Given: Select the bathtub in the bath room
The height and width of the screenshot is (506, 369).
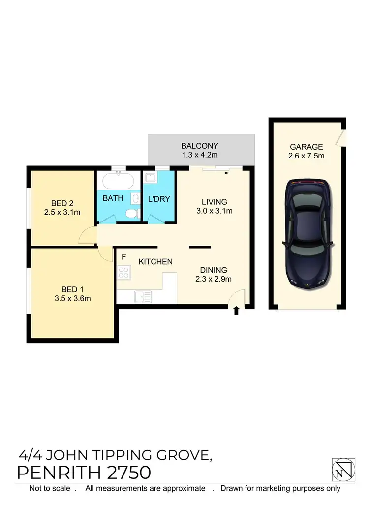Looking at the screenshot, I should [117, 182].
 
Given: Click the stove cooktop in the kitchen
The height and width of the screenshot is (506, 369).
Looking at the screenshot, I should [123, 273].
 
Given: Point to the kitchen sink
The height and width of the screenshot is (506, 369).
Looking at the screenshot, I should [143, 297].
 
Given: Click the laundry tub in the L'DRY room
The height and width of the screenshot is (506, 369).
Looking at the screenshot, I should [150, 179].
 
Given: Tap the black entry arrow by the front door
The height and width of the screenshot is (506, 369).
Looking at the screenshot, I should [237, 310].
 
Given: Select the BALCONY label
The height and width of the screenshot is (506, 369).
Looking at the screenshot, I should [199, 146].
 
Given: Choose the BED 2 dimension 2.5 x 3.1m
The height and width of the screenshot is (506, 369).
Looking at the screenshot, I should [62, 213].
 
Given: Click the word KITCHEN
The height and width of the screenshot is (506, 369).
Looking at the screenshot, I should [155, 261].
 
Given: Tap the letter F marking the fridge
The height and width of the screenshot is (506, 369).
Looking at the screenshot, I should [124, 257].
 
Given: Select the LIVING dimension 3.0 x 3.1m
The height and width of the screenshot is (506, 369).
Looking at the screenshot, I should [214, 211].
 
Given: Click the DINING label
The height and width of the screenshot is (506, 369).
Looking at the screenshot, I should [214, 270].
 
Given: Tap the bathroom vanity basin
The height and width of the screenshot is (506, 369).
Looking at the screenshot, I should [135, 198].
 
